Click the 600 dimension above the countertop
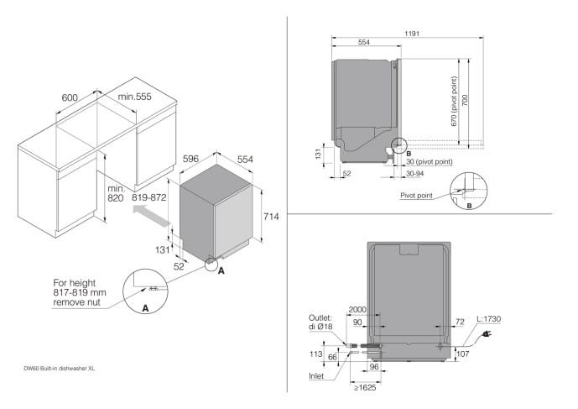[x=70, y=97]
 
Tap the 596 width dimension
[x=190, y=158]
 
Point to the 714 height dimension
[x=270, y=217]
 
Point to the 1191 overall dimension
[x=410, y=34]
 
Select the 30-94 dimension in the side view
[x=415, y=174]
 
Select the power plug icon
[x=486, y=335]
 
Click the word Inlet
[x=316, y=375]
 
